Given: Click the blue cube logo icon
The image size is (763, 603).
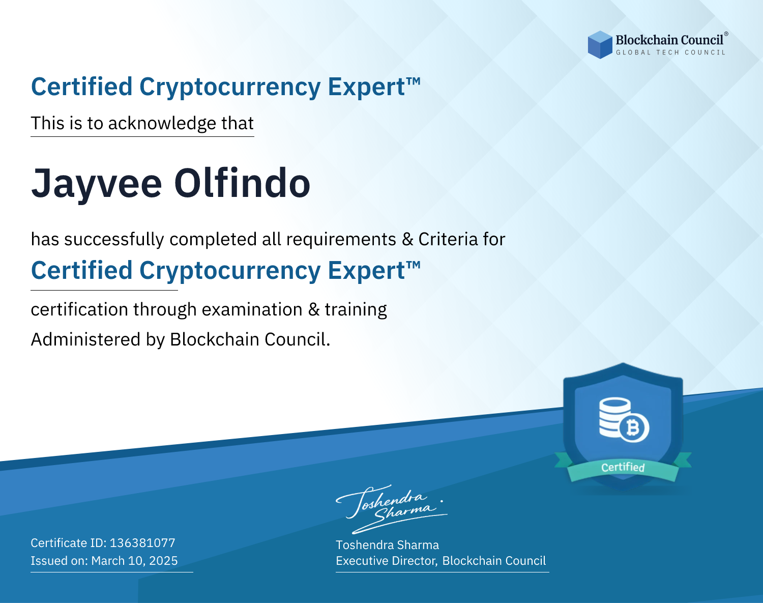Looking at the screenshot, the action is [600, 45].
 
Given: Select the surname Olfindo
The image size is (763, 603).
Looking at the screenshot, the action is [242, 183].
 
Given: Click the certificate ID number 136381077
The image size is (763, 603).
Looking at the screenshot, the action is [142, 542].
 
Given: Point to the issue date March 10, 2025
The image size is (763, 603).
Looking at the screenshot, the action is [134, 561].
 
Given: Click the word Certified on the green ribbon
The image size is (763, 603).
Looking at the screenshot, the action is [623, 468].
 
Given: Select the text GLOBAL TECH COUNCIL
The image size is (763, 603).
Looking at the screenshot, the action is [670, 52].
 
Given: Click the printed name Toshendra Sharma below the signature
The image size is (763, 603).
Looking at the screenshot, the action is [387, 545].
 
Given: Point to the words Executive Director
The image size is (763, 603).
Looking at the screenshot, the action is [386, 561].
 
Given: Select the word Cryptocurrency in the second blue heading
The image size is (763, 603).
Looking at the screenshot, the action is [230, 271].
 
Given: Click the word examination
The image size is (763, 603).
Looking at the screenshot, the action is [252, 309].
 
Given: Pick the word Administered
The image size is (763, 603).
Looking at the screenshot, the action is [85, 339].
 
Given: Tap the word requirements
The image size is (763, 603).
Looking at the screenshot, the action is [341, 240].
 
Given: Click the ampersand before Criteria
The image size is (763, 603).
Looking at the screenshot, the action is [407, 239].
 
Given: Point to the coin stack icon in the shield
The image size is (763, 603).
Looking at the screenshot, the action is [614, 417].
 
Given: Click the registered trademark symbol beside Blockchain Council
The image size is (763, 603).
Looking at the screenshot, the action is [726, 34].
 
